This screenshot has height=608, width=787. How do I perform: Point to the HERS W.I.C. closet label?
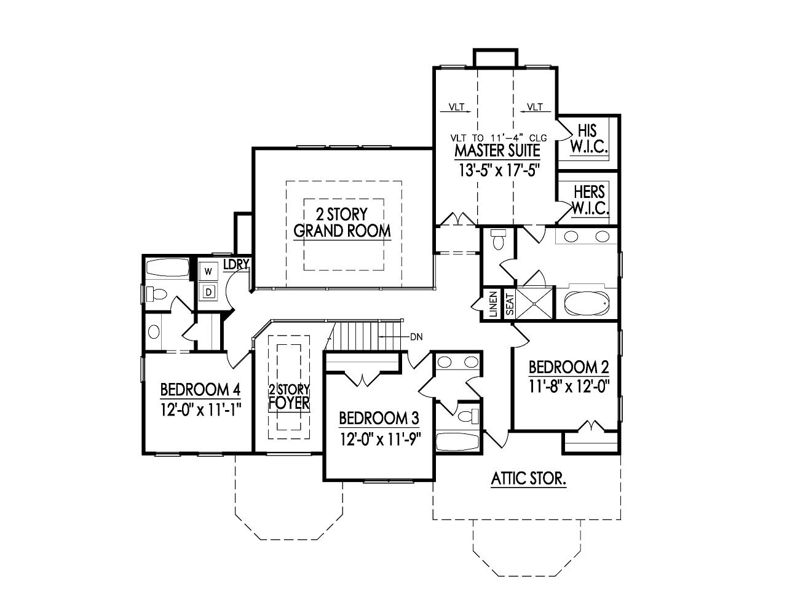click(589, 200)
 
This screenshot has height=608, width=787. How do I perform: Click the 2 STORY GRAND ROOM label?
click(342, 223)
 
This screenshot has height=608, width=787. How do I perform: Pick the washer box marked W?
click(208, 271)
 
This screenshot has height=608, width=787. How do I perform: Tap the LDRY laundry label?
click(235, 265)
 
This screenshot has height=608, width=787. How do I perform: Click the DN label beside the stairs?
click(416, 336)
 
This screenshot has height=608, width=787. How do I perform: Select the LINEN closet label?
click(493, 304)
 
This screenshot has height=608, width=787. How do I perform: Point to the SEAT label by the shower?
click(509, 304)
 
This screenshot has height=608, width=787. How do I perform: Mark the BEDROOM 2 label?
click(569, 368)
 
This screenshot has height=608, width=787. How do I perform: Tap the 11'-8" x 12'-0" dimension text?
click(569, 387)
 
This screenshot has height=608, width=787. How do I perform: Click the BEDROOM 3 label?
click(379, 419)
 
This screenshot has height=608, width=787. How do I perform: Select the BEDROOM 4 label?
click(200, 390)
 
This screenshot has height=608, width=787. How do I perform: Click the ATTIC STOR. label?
click(528, 478)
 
